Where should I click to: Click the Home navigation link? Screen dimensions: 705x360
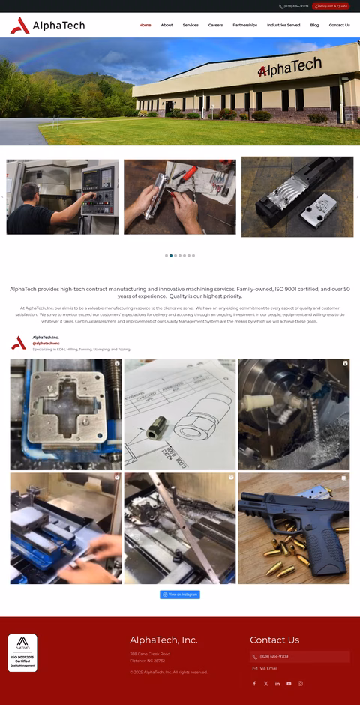(145, 25)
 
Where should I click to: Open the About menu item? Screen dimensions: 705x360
(166, 25)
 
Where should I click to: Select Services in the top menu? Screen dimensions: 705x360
(190, 25)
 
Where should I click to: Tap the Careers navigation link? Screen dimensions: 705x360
(215, 25)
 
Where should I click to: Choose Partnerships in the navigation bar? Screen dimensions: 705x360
(244, 25)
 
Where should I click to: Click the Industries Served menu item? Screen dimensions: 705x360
(283, 25)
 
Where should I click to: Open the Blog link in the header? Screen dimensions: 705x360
(314, 25)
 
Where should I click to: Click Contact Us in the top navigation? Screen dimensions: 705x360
(339, 25)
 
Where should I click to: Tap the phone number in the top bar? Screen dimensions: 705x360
(294, 6)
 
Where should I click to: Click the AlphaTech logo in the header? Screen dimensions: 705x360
(47, 26)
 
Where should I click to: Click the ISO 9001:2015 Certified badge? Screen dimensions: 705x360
(22, 652)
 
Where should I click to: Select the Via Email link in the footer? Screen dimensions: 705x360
(268, 668)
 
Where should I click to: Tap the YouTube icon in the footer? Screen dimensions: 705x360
(289, 683)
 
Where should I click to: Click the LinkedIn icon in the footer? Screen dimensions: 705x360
(277, 683)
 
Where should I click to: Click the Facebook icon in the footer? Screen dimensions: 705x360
(254, 683)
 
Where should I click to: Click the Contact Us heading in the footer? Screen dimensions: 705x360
(274, 640)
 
